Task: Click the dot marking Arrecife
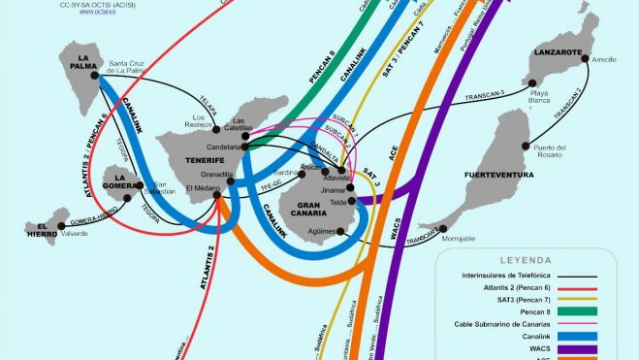586,59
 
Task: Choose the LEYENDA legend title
526,260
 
